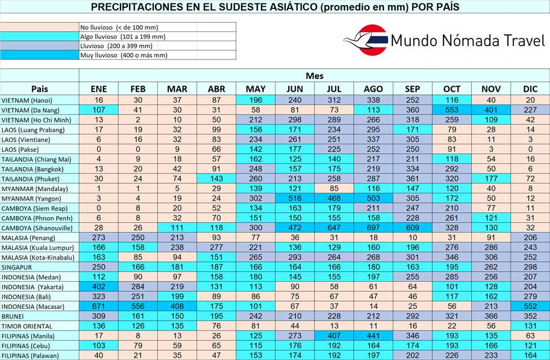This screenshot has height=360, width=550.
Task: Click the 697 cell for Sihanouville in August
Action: tap(373, 228)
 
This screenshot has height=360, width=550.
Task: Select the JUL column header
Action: tap(334, 89)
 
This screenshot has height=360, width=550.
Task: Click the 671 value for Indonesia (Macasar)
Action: tap(98, 306)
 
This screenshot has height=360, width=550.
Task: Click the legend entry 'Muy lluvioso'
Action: tap(108, 55)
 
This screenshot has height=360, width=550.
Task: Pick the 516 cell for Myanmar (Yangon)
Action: tap(294, 198)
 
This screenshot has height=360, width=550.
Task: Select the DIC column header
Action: tap(531, 89)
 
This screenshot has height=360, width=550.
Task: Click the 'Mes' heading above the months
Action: tap(314, 76)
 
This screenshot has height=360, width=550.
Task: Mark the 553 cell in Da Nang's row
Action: tap(452, 110)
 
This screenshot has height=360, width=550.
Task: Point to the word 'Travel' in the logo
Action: tap(519, 41)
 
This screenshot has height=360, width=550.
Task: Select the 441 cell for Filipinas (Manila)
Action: tap(373, 336)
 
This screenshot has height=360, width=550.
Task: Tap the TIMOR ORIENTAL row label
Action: tap(27, 326)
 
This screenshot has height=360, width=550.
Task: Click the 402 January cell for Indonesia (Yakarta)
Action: tap(98, 287)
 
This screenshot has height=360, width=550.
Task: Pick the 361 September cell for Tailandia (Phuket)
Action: tap(412, 179)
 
